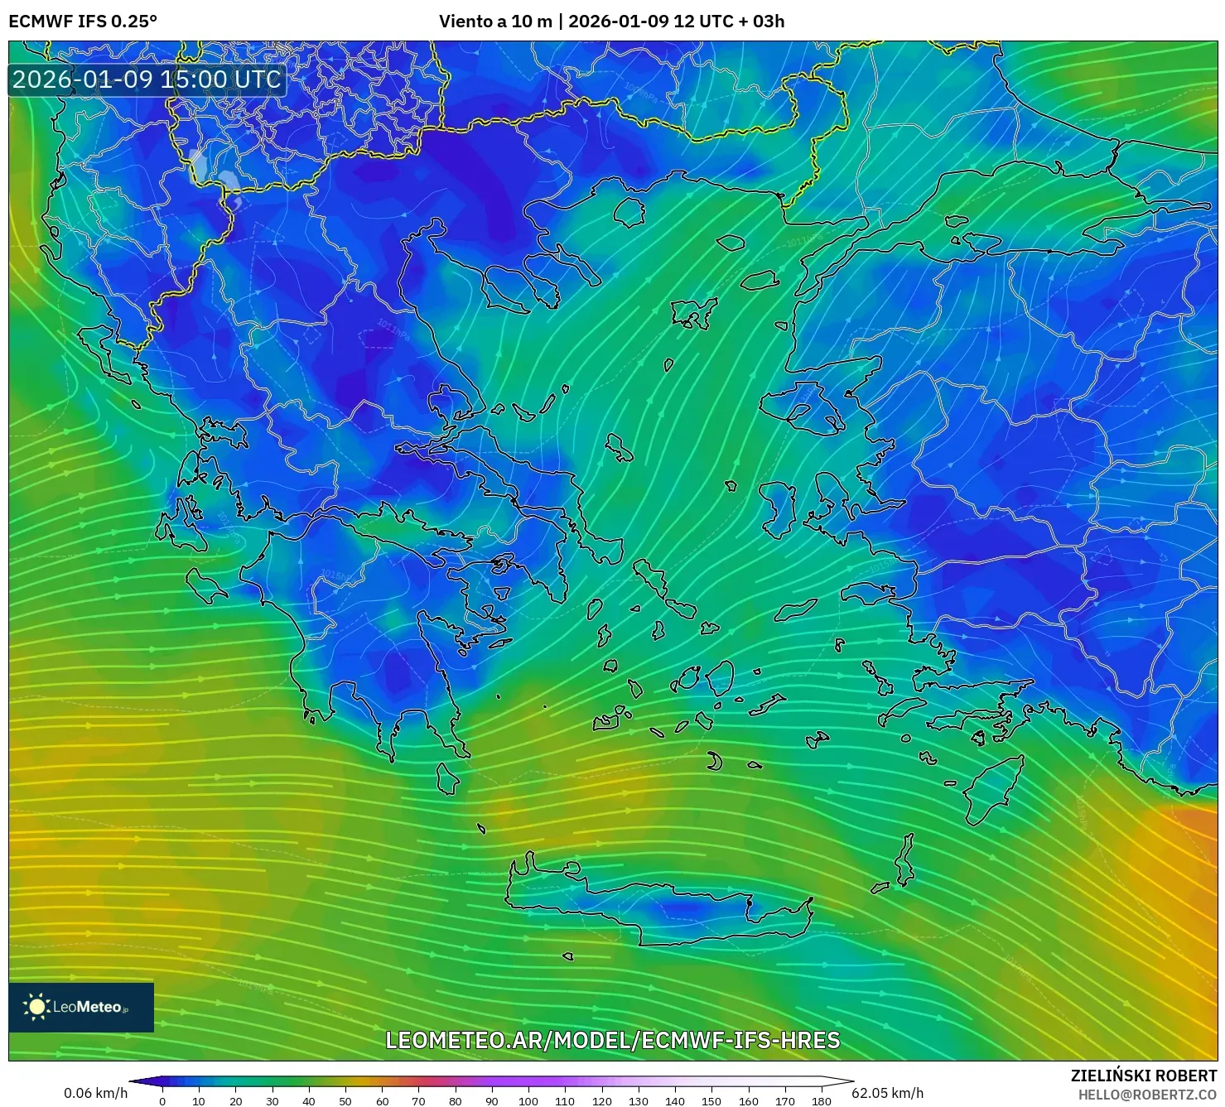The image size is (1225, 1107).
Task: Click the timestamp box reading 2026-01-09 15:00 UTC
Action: (147, 79)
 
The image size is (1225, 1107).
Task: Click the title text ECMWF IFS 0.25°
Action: (83, 22)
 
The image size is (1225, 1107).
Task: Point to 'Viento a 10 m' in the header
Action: (495, 22)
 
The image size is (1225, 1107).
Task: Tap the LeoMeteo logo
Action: (80, 1007)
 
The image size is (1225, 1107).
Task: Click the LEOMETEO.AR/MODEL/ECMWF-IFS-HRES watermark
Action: (613, 1040)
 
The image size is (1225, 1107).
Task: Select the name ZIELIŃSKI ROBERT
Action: (1144, 1076)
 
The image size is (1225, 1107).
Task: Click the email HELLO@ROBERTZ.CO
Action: (1147, 1095)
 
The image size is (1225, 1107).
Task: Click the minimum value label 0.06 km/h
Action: (96, 1093)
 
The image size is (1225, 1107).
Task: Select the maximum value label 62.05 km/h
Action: (887, 1093)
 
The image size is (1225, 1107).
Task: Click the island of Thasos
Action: (629, 212)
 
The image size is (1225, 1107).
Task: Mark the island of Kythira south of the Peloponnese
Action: (448, 778)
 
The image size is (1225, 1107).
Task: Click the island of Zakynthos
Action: (205, 585)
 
